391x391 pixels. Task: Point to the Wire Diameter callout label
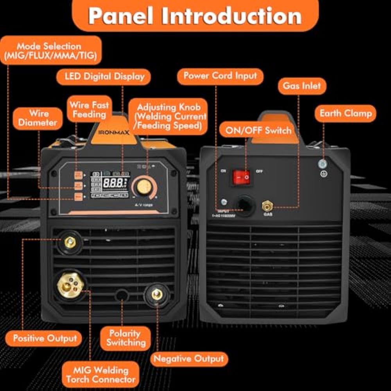point(38,118)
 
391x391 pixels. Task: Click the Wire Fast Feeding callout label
point(89,110)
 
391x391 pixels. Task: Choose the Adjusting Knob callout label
point(171,117)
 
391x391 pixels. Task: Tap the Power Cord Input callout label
point(220,76)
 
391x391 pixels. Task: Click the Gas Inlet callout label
point(302,86)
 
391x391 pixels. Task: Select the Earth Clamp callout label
point(345,114)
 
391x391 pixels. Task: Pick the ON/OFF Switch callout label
point(258,131)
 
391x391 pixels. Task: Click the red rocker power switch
point(241,178)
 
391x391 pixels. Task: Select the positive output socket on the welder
point(70,242)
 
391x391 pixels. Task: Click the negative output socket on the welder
point(157,294)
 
